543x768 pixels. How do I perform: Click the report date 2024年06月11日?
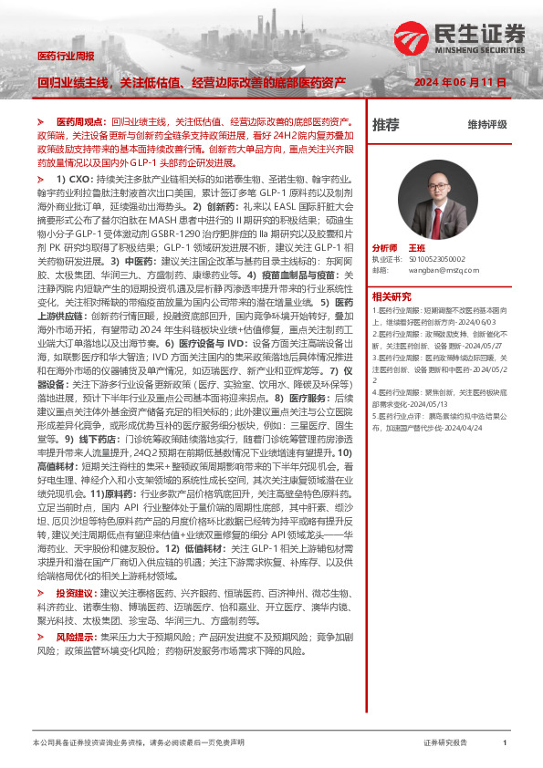[460, 82]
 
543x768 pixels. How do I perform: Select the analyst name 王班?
[417, 247]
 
